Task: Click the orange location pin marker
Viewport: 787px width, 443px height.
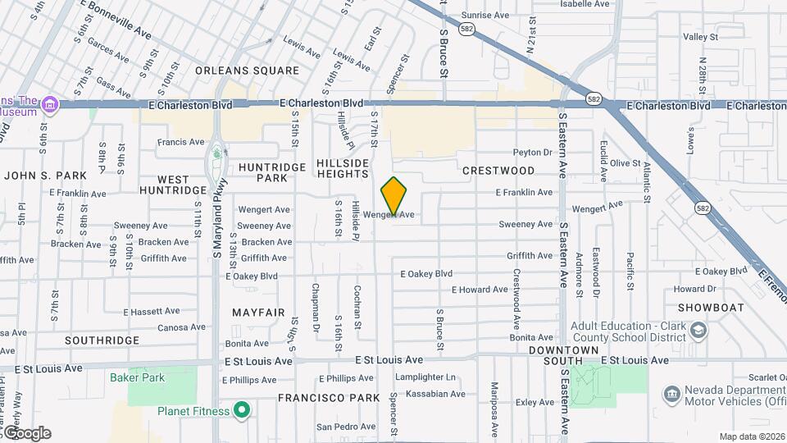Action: coord(394,196)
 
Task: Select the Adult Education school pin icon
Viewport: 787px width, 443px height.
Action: coord(698,330)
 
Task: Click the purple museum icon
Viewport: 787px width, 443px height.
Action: coord(49,104)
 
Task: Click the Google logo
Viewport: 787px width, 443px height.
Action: coord(26,432)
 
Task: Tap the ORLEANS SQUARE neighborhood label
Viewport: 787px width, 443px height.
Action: coord(248,71)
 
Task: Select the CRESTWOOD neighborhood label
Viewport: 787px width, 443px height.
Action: coord(498,171)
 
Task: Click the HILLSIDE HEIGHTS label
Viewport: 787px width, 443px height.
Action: coord(343,168)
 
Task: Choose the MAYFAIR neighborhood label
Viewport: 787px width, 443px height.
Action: coord(258,313)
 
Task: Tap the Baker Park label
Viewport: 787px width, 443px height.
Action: coord(138,377)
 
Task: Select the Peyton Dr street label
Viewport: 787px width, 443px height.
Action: coord(533,152)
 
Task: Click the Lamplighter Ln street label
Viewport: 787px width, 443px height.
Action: coord(425,377)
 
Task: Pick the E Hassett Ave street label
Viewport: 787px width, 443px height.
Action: coord(152,312)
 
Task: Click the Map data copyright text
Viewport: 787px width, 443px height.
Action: coord(751,436)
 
